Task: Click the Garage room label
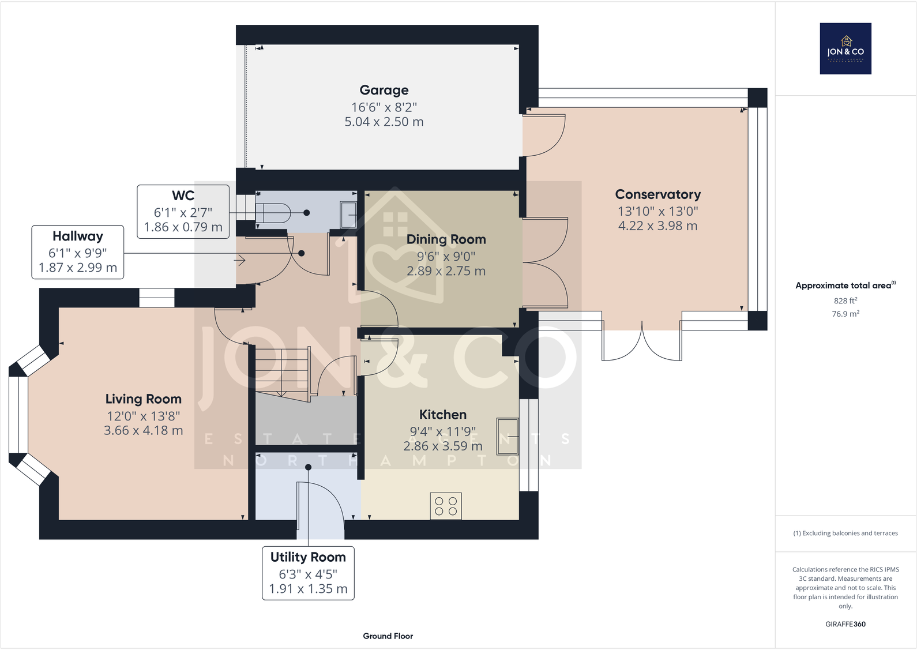pyautogui.click(x=384, y=90)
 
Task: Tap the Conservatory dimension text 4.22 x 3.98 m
pyautogui.click(x=657, y=226)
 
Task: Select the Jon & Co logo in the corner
pyautogui.click(x=845, y=48)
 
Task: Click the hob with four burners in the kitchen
pyautogui.click(x=446, y=506)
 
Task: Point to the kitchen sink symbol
pyautogui.click(x=508, y=436)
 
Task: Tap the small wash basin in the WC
pyautogui.click(x=348, y=214)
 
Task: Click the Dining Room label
pyautogui.click(x=446, y=239)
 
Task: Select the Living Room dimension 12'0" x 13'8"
pyautogui.click(x=143, y=416)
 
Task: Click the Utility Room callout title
pyautogui.click(x=308, y=557)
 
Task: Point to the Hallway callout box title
pyautogui.click(x=78, y=236)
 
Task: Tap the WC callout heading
pyautogui.click(x=183, y=196)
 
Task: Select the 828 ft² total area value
pyautogui.click(x=845, y=300)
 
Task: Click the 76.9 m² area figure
pyautogui.click(x=845, y=314)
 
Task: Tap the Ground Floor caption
pyautogui.click(x=388, y=636)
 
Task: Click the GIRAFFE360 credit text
pyautogui.click(x=845, y=624)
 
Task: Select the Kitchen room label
pyautogui.click(x=442, y=415)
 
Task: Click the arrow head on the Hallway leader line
pyautogui.click(x=242, y=261)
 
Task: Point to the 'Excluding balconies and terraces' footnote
pyautogui.click(x=845, y=533)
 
